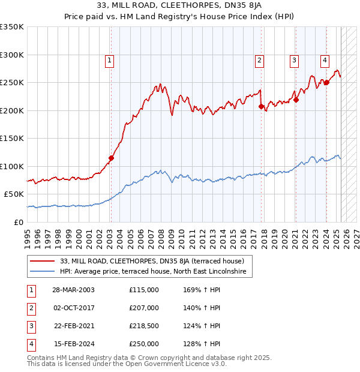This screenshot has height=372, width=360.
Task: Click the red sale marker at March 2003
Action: tap(111, 158)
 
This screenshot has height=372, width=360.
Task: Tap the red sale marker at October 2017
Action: tap(261, 107)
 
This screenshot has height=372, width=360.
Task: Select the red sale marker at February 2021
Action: tap(296, 100)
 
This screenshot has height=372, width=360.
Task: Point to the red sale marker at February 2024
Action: tap(326, 83)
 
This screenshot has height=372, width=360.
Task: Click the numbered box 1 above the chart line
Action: tap(110, 59)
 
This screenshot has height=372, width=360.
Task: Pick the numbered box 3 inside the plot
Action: tap(295, 59)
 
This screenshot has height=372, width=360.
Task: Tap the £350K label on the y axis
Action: tap(12, 27)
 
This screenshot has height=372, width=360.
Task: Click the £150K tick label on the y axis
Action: tap(12, 138)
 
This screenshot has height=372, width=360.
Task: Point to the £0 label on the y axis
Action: tap(18, 222)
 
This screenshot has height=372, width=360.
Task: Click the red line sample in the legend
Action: tap(43, 261)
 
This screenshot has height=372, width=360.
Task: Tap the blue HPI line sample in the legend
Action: tap(43, 272)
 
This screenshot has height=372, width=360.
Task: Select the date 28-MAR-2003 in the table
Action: tap(73, 290)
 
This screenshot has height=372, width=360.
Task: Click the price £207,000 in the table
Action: tap(144, 308)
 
